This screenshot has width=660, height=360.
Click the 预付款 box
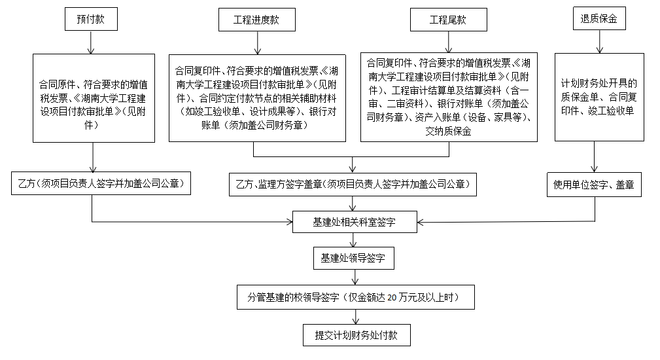click(91, 20)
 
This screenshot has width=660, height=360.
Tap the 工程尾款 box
click(447, 20)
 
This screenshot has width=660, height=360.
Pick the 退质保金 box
click(599, 20)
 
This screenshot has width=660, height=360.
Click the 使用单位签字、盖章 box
click(594, 185)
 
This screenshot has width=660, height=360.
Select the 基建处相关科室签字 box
click(354, 223)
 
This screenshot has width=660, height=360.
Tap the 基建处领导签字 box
click(354, 258)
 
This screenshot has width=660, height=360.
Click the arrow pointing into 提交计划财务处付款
click(354, 316)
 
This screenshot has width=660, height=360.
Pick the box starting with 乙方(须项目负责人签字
click(101, 184)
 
